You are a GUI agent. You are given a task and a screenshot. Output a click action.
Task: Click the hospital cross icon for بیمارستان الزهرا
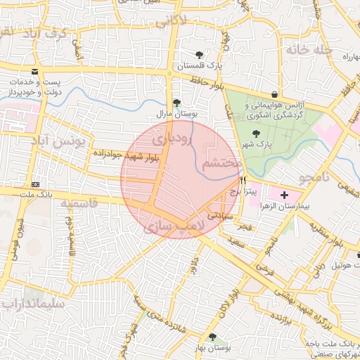284,194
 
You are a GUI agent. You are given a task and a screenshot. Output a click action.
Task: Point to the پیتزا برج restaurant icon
243,181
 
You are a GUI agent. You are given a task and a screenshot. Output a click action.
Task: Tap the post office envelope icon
34,72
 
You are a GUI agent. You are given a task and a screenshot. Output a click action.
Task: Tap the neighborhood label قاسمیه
79,204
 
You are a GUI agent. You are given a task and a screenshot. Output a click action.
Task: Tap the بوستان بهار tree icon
212,337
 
